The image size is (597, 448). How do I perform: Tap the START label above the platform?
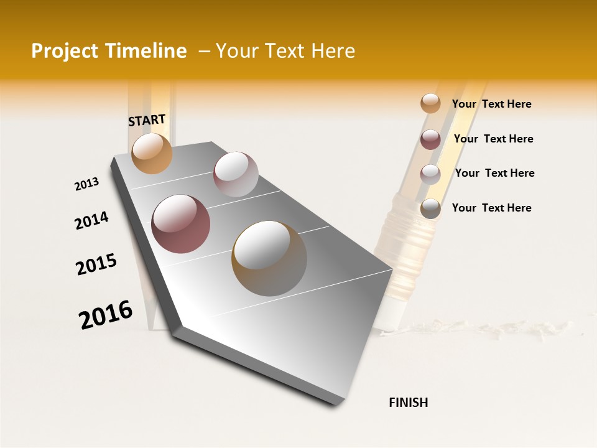[147, 120]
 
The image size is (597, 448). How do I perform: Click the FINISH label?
[409, 403]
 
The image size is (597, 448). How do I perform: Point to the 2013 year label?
[86, 184]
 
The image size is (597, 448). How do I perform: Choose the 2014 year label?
[91, 220]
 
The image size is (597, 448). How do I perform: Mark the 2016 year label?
[106, 314]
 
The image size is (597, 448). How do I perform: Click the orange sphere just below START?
[152, 153]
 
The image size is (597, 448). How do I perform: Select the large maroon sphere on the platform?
[181, 224]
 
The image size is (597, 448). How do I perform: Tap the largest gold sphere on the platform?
[269, 258]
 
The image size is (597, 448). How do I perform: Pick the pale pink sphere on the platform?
[236, 174]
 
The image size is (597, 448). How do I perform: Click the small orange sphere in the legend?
[430, 103]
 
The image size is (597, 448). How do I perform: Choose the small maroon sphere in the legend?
[430, 139]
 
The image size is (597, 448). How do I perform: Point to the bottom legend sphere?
[430, 208]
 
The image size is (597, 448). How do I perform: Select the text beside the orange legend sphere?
[491, 104]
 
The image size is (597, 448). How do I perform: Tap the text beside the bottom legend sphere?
[491, 208]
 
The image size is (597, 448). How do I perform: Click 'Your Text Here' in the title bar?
[285, 51]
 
